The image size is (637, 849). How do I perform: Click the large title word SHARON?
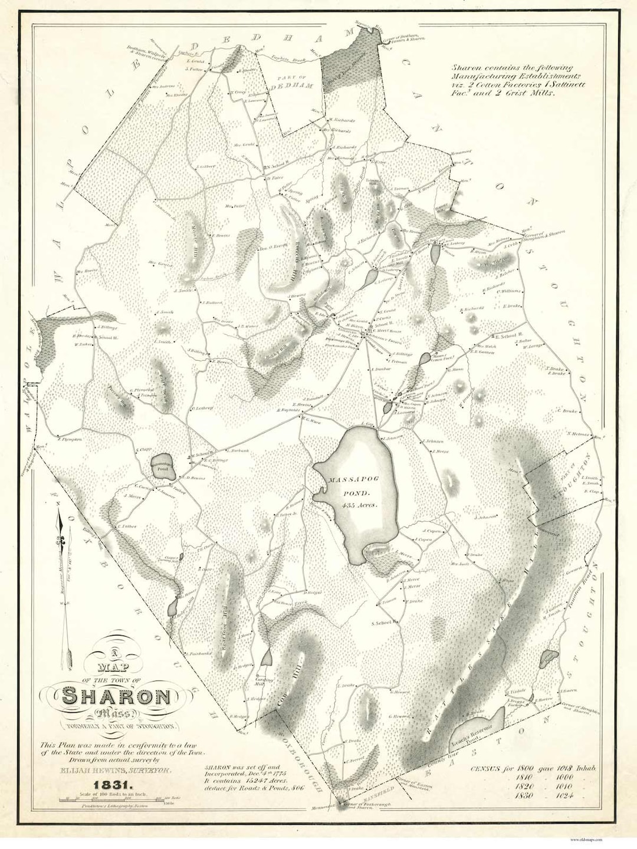[x=116, y=696]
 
